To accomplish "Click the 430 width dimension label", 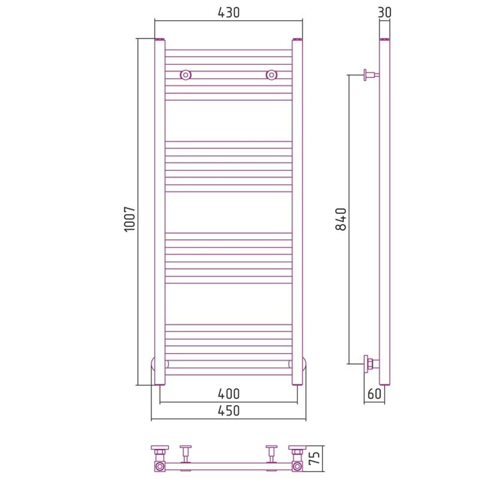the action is pos(228,13).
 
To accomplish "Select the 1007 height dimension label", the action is pos(130,219).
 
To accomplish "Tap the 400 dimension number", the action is pos(228,394).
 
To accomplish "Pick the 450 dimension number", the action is pos(228,411).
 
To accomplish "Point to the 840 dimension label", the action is pos(341,219).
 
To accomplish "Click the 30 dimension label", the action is pos(384,13).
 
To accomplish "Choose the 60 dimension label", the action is pos(374,394).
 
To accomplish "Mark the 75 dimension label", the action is pos(315,458).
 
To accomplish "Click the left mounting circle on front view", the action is pos(186,75).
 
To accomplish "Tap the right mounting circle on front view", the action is pos(271,75).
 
